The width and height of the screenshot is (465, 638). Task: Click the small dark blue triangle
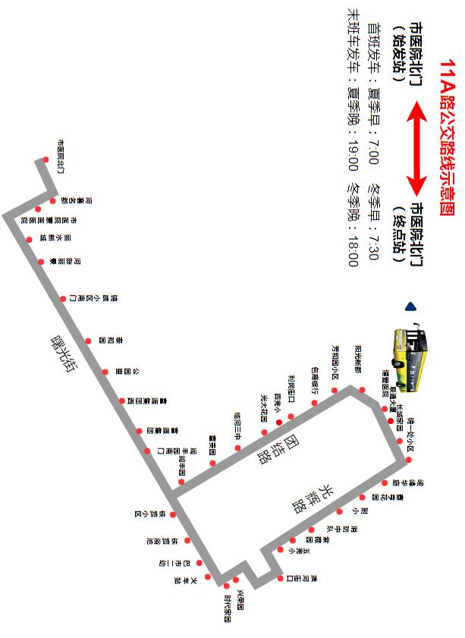click(411, 307)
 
